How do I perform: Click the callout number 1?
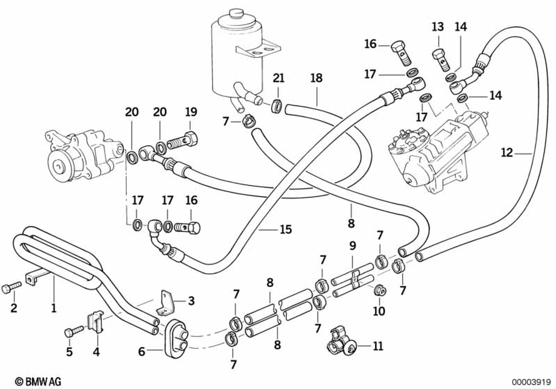tap(54, 306)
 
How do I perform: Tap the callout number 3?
tap(191, 301)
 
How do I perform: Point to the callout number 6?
tap(69, 331)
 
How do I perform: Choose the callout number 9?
tap(142, 352)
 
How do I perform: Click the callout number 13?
tap(438, 26)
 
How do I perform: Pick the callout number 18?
tap(316, 78)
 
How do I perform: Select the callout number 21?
tap(278, 78)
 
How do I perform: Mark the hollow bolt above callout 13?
tap(439, 56)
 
